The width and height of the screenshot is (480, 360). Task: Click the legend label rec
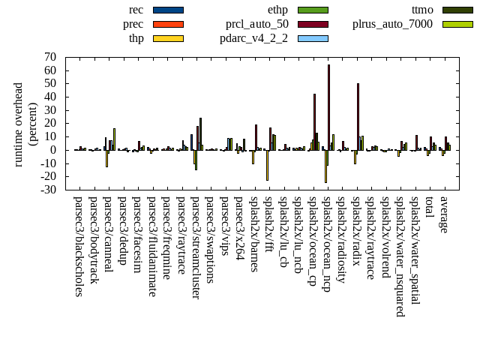pyautogui.click(x=136, y=10)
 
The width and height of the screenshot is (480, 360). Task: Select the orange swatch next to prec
pyautogui.click(x=168, y=24)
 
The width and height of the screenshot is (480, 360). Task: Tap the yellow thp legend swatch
pyautogui.click(x=168, y=38)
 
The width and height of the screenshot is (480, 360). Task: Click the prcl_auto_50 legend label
pyautogui.click(x=256, y=24)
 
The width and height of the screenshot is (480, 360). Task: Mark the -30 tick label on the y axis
pyautogui.click(x=48, y=190)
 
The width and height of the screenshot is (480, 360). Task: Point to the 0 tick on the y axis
pyautogui.click(x=54, y=150)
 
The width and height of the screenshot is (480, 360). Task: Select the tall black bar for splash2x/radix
pyautogui.click(x=358, y=116)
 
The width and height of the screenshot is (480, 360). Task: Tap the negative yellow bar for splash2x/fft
pyautogui.click(x=267, y=165)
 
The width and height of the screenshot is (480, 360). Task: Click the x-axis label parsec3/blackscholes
pyautogui.click(x=78, y=246)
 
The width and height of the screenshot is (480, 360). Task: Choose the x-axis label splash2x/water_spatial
pyautogui.click(x=415, y=251)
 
